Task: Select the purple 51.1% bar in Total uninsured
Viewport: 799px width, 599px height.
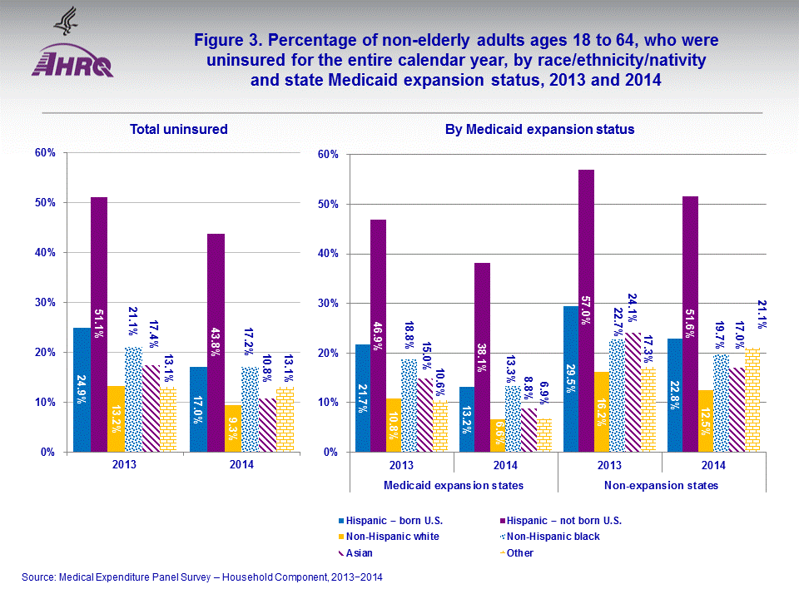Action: (99, 324)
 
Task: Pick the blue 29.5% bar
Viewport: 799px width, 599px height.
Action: (570, 379)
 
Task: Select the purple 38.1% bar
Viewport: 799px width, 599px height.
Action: (483, 358)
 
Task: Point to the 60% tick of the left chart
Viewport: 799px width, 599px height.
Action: (44, 153)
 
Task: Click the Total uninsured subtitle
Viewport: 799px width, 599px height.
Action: (179, 129)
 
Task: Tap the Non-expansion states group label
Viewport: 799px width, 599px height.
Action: (662, 485)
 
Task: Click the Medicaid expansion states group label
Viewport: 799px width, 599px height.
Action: (454, 485)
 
